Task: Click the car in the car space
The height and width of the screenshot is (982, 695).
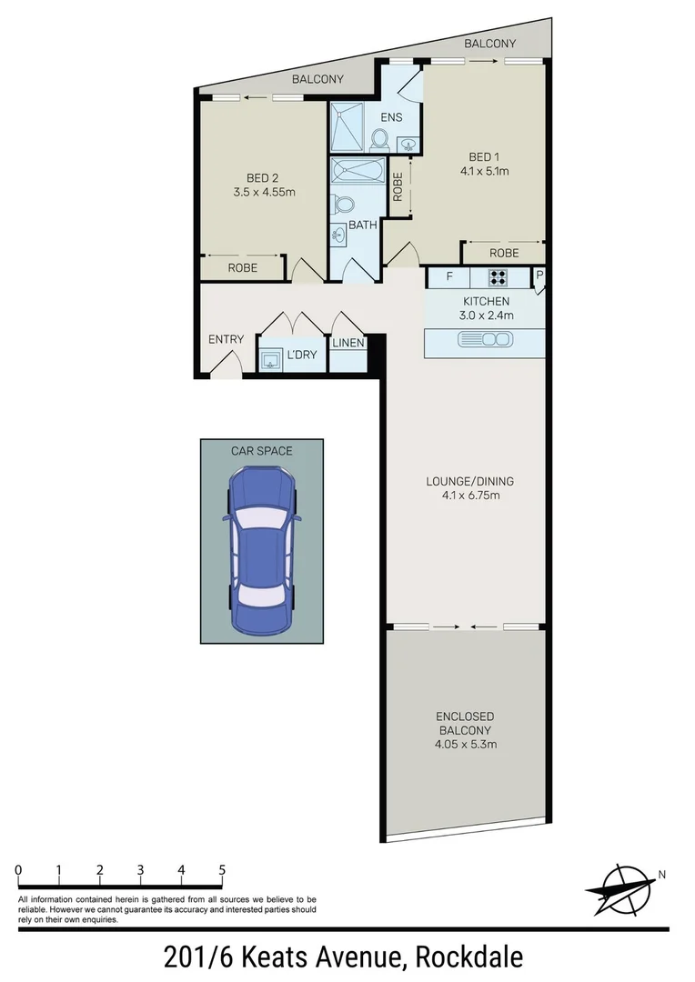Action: pos(261,549)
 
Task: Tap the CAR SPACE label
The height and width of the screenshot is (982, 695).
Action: pos(261,449)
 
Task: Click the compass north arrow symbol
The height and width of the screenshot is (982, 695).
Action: pos(621,887)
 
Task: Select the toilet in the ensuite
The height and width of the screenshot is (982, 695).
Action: pos(380,138)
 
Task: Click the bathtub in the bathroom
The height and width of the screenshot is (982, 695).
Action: pos(358,171)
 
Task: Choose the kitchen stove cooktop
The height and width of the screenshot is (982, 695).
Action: pos(499,277)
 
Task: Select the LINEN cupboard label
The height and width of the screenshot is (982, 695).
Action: pos(347,343)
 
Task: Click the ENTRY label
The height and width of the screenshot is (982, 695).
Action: pos(226,339)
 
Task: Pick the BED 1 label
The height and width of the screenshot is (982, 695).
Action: pos(485,156)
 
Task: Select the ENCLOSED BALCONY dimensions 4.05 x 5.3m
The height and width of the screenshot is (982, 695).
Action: pos(466,745)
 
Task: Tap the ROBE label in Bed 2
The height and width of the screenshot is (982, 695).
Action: pos(242,268)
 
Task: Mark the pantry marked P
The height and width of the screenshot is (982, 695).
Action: pos(539,276)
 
